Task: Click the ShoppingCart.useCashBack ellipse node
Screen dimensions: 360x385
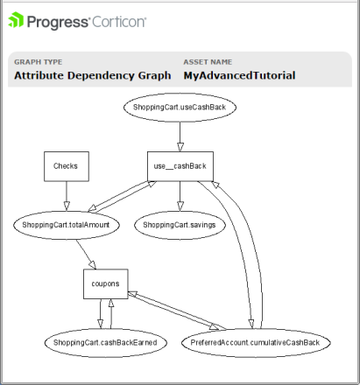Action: click(x=180, y=107)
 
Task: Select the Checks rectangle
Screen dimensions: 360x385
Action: click(x=67, y=166)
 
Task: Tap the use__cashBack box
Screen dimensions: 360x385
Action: click(x=180, y=166)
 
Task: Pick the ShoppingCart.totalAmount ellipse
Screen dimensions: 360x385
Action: click(x=67, y=225)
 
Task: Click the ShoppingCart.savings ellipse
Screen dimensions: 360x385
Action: click(x=180, y=225)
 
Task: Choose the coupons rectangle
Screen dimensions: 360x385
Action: click(x=106, y=283)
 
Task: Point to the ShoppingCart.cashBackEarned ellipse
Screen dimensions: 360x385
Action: click(x=106, y=343)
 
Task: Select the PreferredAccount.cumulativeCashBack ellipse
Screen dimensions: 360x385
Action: click(x=256, y=343)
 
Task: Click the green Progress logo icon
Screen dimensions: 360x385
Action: click(x=16, y=20)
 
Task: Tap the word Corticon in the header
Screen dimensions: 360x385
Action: click(x=119, y=22)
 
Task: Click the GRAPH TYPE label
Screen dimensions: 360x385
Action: click(x=39, y=62)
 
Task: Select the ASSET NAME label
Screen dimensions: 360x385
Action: click(x=208, y=62)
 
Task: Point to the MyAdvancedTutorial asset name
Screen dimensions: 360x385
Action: click(x=239, y=75)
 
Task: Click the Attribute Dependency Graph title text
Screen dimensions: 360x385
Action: click(x=93, y=75)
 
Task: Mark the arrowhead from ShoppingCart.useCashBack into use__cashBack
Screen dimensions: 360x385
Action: click(x=180, y=147)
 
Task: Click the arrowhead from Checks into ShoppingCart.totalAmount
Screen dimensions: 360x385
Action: click(x=67, y=206)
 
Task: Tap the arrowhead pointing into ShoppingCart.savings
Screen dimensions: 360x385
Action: click(x=180, y=206)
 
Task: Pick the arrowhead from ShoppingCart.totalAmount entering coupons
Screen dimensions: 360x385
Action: click(x=93, y=264)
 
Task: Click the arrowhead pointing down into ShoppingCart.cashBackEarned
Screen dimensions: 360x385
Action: click(x=100, y=324)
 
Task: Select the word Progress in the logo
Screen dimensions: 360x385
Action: click(x=57, y=22)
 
